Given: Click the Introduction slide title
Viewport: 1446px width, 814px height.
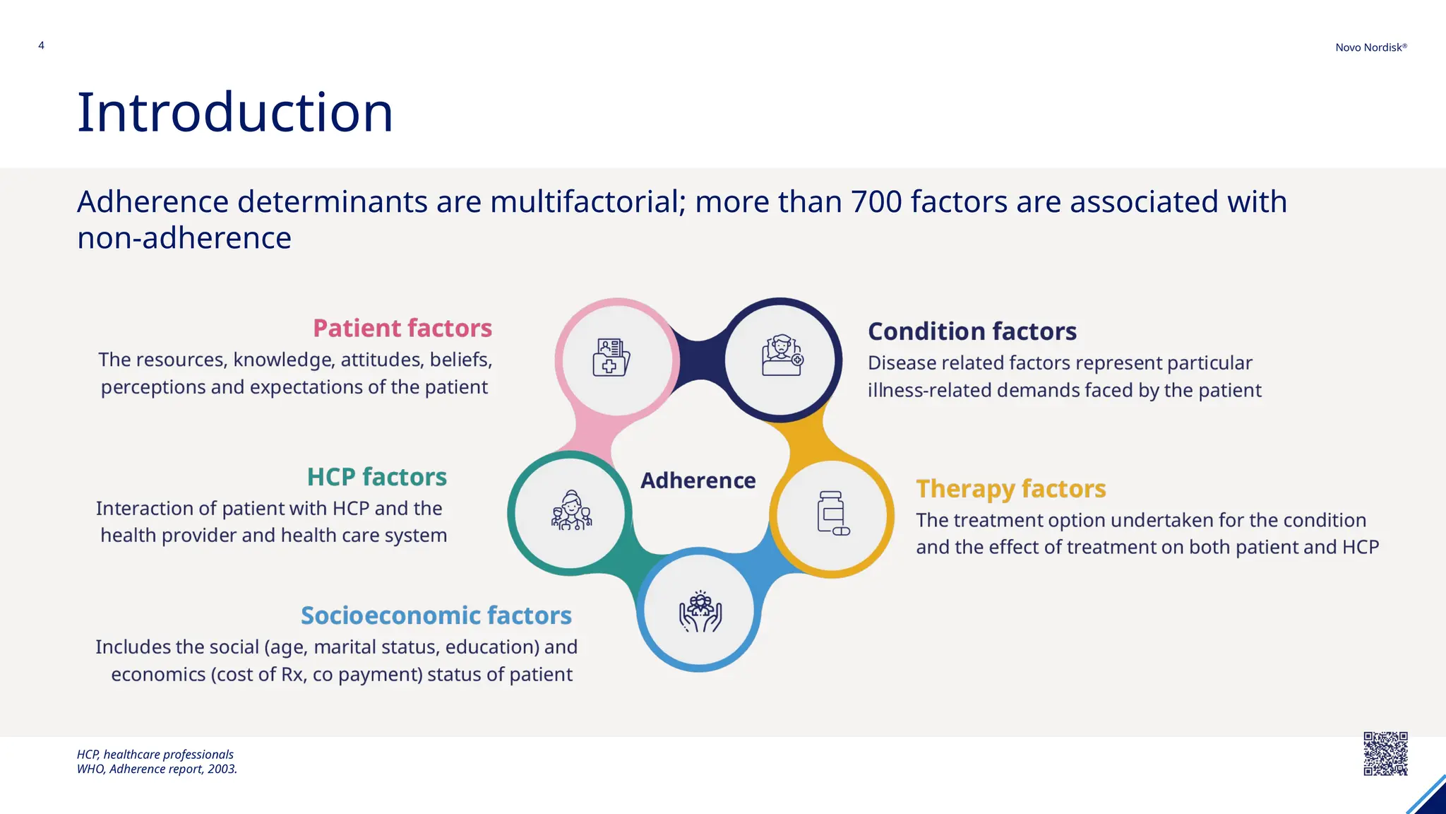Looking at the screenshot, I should (234, 112).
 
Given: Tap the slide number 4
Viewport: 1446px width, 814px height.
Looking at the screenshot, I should (41, 45).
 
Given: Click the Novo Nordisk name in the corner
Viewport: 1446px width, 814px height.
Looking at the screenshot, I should (1370, 47).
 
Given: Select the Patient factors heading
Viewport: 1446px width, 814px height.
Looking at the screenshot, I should (402, 329).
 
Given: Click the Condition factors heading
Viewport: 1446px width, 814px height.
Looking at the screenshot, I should (972, 331).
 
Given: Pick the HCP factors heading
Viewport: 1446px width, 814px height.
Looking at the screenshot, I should (376, 477).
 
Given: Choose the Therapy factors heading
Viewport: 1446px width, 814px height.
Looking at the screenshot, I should (1010, 489).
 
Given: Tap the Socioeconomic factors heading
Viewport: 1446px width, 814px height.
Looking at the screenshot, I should (436, 615).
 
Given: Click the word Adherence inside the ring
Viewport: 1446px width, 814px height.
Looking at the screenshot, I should (698, 480).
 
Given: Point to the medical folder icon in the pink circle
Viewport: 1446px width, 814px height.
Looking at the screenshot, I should (611, 358).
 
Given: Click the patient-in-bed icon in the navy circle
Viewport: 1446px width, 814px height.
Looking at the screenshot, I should (782, 355).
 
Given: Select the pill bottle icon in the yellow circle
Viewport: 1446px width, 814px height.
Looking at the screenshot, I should (832, 513).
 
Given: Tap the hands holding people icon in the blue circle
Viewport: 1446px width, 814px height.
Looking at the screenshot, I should (700, 611).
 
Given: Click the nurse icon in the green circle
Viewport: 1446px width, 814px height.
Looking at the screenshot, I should (571, 511).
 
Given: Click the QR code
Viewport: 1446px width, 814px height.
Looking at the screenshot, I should (1385, 754).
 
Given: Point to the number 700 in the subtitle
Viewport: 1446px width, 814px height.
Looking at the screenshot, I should (876, 202).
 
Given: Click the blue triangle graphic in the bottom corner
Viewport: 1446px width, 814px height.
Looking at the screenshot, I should (1429, 798).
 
